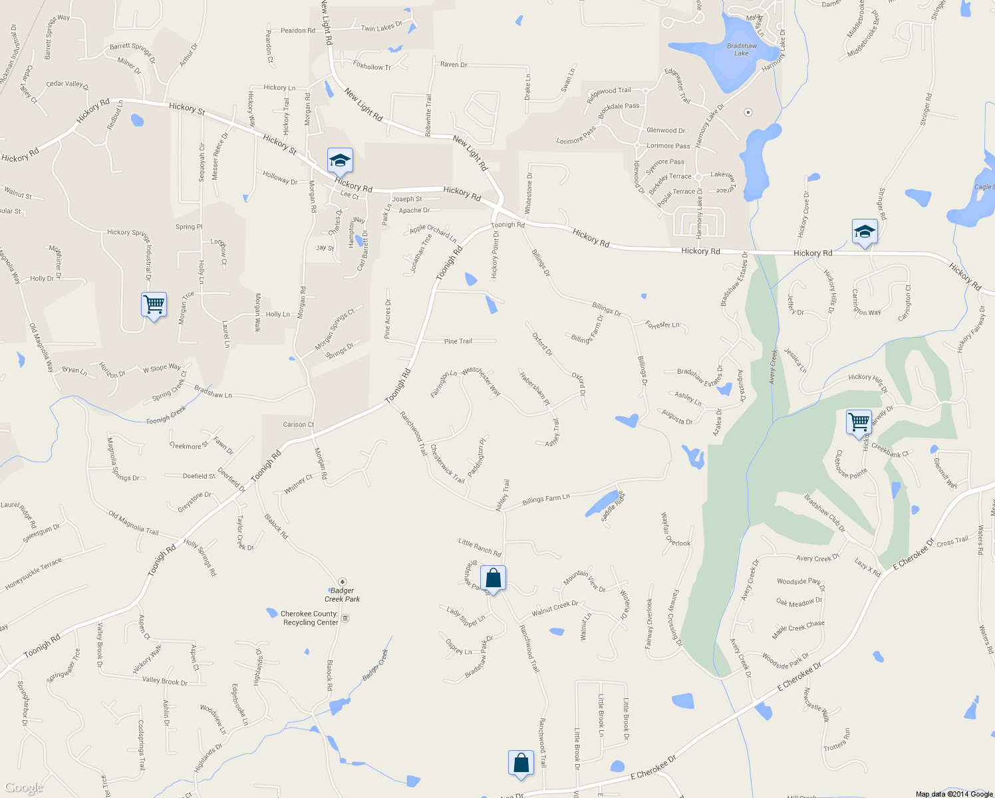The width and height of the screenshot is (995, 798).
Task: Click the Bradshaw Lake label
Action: click(742, 50)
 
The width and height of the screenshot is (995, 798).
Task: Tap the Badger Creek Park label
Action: click(343, 595)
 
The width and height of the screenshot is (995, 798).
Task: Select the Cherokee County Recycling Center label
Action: click(309, 618)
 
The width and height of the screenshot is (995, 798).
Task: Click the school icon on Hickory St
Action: click(339, 161)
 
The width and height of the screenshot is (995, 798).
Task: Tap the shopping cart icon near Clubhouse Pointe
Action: click(859, 422)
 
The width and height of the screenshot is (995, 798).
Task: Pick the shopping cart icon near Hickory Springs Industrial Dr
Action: click(154, 305)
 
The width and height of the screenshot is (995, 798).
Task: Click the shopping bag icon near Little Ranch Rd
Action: click(493, 578)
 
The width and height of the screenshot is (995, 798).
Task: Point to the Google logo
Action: click(24, 787)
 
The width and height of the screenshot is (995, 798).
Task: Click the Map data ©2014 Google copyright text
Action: click(954, 793)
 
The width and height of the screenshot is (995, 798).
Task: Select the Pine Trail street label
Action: click(458, 341)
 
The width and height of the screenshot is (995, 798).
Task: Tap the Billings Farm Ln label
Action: click(546, 499)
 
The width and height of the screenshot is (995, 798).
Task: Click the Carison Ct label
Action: click(299, 424)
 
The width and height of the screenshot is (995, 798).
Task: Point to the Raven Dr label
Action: click(454, 65)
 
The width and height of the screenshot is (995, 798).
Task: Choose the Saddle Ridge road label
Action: click(613, 507)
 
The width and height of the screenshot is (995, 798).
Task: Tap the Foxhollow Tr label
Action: click(372, 66)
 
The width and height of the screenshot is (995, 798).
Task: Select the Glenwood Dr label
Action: click(666, 130)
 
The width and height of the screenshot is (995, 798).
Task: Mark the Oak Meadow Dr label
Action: click(799, 602)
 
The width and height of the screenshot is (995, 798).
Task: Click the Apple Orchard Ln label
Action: click(433, 233)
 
